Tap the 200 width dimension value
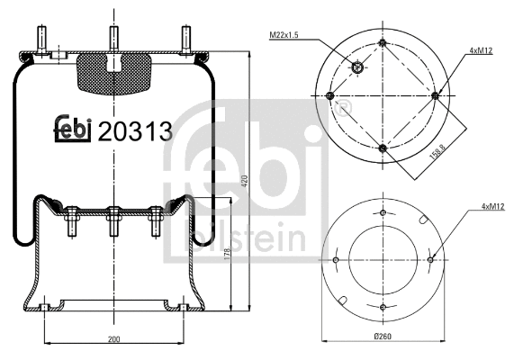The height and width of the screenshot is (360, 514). point(113,339)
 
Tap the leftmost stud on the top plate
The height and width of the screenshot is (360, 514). point(41,40)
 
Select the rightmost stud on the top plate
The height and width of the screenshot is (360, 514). point(185,40)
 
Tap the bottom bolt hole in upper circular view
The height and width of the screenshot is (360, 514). point(383,147)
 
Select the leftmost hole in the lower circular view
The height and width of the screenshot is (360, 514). point(336,261)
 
